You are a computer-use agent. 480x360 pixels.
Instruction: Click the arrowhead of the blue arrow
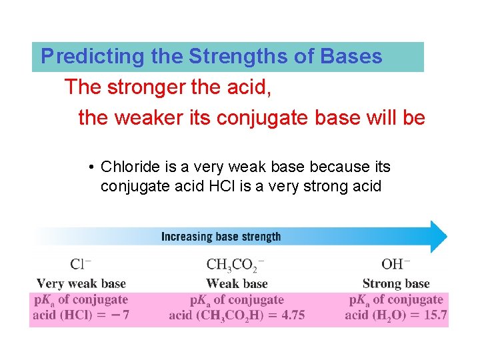(x=437, y=237)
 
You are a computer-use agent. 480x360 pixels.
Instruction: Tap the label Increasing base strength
(x=221, y=237)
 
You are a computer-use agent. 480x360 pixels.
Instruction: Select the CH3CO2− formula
(x=235, y=265)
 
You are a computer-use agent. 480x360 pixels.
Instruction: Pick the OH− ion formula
(x=396, y=265)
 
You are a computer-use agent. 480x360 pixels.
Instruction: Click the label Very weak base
(x=81, y=284)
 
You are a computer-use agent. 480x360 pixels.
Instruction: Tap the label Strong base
(x=396, y=284)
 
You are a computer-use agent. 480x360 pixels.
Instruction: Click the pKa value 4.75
(x=291, y=315)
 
